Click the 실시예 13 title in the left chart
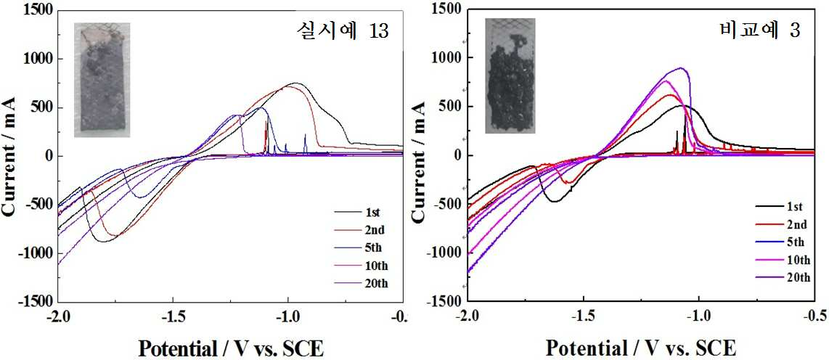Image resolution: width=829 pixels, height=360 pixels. pyautogui.click(x=342, y=33)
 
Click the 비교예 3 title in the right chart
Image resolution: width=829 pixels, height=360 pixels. pyautogui.click(x=759, y=30)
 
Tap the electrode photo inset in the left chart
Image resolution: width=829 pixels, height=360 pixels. pyautogui.click(x=102, y=80)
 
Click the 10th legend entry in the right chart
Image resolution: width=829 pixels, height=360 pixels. pyautogui.click(x=783, y=260)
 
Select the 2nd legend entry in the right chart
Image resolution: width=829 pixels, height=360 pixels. pyautogui.click(x=781, y=225)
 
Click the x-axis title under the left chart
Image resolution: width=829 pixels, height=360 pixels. pyautogui.click(x=231, y=348)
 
